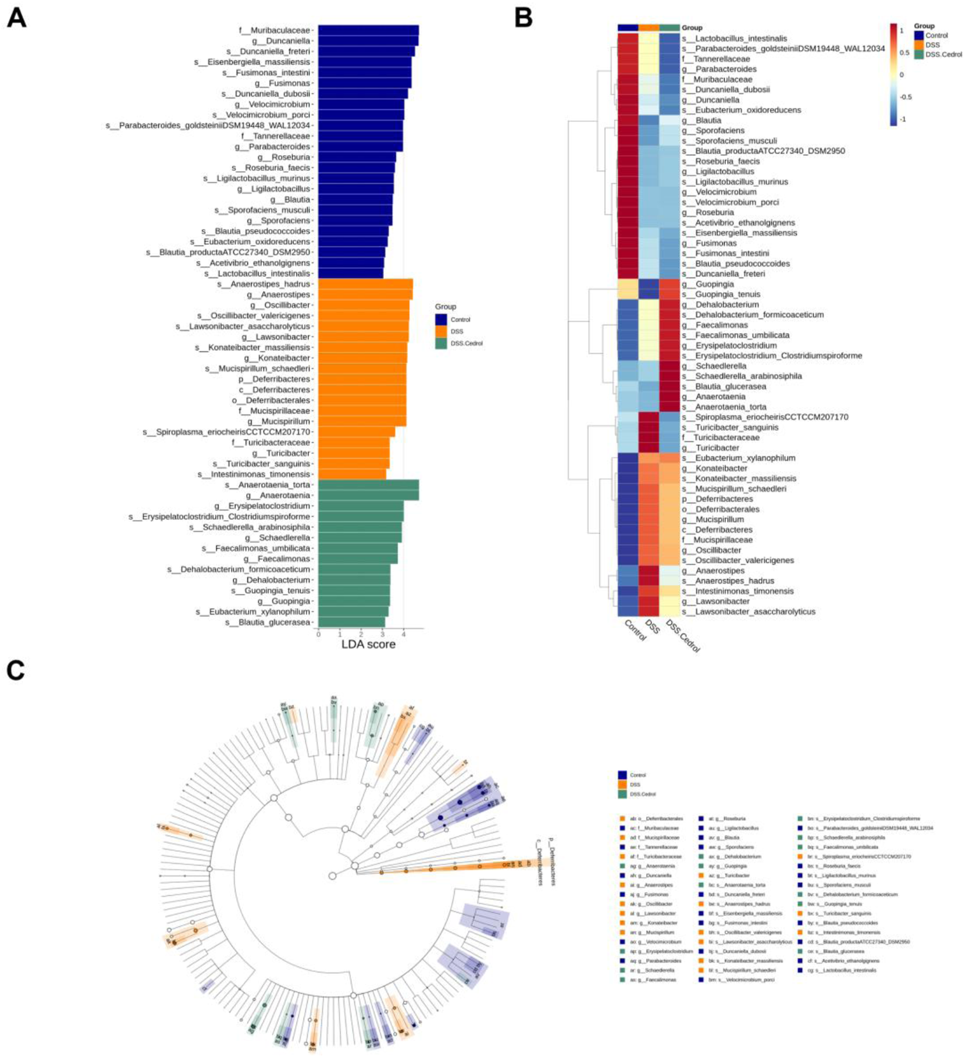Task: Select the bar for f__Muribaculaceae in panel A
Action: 368,30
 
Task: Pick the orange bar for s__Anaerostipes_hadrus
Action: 365,284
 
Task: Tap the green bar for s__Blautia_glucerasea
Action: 351,622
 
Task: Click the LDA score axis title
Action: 368,644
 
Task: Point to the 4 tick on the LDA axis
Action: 404,634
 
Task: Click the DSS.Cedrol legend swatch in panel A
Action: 441,344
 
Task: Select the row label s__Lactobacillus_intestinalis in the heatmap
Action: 734,39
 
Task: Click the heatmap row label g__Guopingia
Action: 707,284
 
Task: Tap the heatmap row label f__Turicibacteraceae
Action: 720,437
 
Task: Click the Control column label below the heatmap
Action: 634,631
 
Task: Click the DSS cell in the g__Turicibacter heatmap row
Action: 649,448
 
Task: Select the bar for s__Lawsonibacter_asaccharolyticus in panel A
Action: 363,326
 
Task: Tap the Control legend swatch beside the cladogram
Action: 622,775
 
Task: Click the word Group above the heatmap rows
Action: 692,28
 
